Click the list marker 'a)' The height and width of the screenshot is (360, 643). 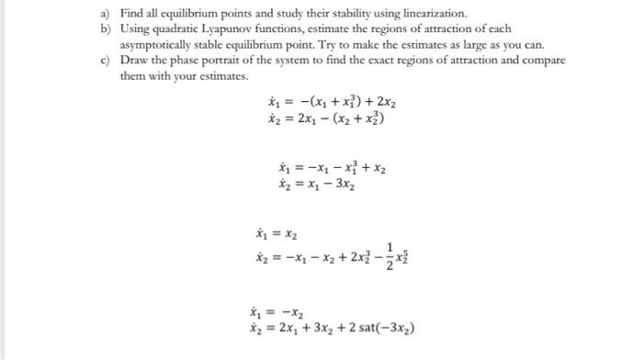(107, 14)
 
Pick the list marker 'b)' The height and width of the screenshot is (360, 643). (107, 29)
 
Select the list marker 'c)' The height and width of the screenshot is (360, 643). (107, 61)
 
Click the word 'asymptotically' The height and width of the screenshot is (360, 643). (159, 45)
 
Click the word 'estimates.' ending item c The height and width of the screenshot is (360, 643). (224, 75)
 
